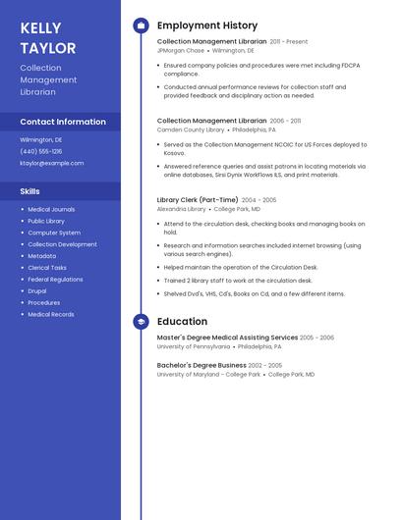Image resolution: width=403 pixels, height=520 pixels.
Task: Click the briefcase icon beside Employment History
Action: click(141, 26)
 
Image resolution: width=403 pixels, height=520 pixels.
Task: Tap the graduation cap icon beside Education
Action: click(141, 322)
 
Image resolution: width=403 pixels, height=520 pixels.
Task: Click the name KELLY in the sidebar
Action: click(40, 28)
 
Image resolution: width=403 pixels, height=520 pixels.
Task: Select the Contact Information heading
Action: click(63, 122)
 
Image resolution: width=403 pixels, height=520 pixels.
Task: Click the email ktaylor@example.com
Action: click(52, 163)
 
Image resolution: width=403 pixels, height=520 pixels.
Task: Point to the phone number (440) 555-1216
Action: click(41, 151)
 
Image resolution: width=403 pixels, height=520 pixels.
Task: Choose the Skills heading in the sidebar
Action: click(30, 191)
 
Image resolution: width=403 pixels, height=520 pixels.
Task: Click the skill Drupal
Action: click(37, 290)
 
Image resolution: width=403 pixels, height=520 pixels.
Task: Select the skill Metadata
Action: click(41, 256)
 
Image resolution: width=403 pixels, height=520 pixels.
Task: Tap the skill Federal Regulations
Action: click(55, 279)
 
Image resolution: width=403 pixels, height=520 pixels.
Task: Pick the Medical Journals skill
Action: click(51, 209)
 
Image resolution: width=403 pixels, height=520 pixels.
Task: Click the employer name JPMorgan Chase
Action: click(181, 50)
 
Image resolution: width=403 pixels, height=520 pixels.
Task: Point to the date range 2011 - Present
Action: click(289, 42)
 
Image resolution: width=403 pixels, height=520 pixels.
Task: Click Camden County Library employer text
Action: click(191, 130)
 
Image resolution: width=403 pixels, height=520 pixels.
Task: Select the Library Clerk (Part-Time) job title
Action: click(198, 200)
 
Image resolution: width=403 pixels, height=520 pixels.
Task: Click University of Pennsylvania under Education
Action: click(194, 346)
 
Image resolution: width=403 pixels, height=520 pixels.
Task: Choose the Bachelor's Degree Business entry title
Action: click(201, 365)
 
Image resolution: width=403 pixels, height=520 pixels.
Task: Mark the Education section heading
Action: click(182, 322)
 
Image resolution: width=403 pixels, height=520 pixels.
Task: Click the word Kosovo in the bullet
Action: click(174, 153)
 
